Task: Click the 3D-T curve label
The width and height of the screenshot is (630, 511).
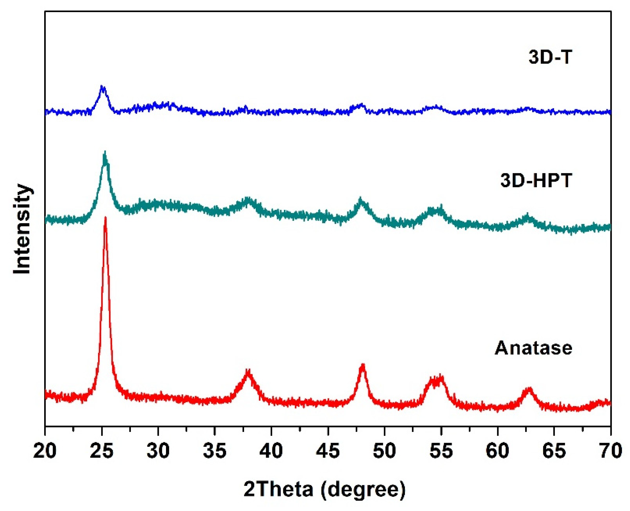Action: click(550, 57)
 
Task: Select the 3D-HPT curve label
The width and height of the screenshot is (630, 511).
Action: click(536, 180)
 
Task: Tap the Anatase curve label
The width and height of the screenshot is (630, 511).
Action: click(533, 348)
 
